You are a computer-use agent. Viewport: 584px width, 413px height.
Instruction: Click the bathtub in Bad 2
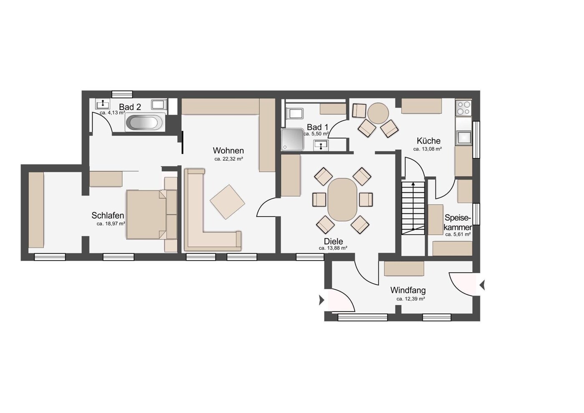point(145,122)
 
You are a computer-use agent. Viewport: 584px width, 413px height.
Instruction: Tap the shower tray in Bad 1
point(292,139)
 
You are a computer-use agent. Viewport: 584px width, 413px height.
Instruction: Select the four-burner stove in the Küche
point(463,108)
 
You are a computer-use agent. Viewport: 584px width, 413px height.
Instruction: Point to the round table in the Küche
point(378,113)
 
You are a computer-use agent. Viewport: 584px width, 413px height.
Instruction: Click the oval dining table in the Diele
point(342,200)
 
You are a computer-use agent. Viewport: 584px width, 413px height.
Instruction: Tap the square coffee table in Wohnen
point(228,202)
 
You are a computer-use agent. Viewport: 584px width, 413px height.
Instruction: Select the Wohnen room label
point(228,150)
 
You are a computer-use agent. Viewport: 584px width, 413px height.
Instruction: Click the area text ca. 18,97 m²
point(111,224)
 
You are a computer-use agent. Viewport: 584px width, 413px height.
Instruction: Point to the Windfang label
point(408,290)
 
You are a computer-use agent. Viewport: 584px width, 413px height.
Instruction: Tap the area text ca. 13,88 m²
point(333,248)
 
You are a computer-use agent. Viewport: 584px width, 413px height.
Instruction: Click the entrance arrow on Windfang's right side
point(482,285)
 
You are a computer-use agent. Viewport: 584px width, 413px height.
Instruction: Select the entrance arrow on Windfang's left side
point(321,300)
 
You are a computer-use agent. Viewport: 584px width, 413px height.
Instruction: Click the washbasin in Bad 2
point(103,104)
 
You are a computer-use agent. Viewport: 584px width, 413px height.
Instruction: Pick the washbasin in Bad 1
point(321,145)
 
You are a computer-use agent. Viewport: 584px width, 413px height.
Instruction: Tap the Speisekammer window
point(476,214)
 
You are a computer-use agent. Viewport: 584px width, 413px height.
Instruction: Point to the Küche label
point(429,141)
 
